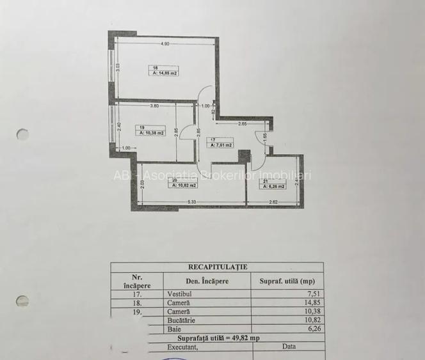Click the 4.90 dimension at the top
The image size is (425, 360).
click(164, 43)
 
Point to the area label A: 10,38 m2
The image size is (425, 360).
click(152, 134)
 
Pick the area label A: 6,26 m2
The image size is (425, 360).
click(272, 186)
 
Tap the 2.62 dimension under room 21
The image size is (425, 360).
click(273, 203)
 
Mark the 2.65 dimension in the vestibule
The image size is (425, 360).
click(243, 123)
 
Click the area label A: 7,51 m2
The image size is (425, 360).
click(221, 145)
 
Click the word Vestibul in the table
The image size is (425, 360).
click(179, 295)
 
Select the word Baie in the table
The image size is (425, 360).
click(175, 329)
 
